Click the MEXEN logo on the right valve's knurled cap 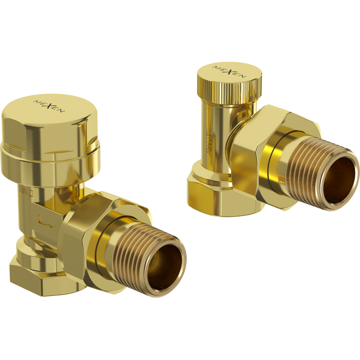(x=229, y=73)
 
